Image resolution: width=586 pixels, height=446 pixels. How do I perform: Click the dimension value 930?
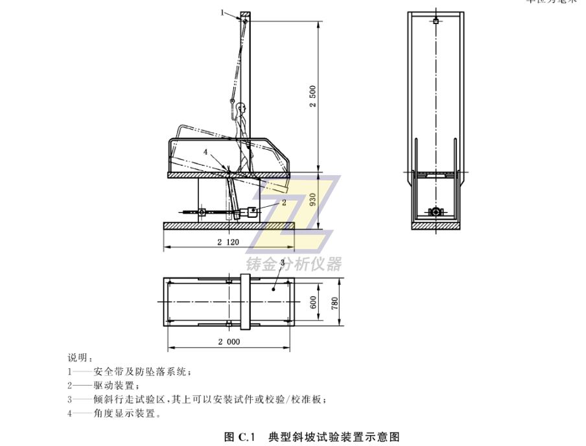[313, 198]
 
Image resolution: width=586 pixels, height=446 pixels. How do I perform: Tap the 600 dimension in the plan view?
[313, 301]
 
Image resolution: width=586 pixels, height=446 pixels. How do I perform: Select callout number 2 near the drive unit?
[284, 202]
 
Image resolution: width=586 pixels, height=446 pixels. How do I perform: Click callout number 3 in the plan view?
[283, 261]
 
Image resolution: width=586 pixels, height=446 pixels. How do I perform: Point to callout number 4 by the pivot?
[205, 152]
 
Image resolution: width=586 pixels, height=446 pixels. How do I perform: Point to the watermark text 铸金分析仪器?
[294, 264]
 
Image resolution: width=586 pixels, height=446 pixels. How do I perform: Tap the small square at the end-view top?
[436, 21]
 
